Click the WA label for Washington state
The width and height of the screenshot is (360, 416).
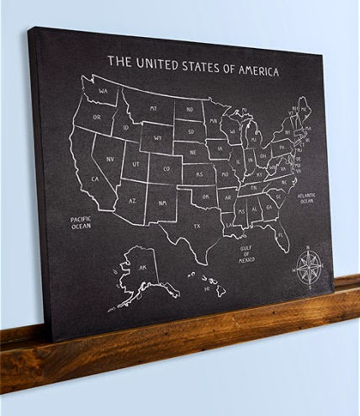[102, 91]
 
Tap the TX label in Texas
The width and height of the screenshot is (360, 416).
[197, 227]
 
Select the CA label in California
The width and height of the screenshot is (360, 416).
[96, 179]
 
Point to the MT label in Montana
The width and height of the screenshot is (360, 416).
[154, 108]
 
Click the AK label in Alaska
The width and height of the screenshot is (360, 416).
[143, 268]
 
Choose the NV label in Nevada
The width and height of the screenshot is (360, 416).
[109, 157]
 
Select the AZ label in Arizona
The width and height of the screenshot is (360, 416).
[132, 201]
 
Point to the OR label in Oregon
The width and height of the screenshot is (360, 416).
[97, 117]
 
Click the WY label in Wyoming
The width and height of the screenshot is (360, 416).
[157, 136]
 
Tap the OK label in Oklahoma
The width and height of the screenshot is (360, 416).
[205, 196]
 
